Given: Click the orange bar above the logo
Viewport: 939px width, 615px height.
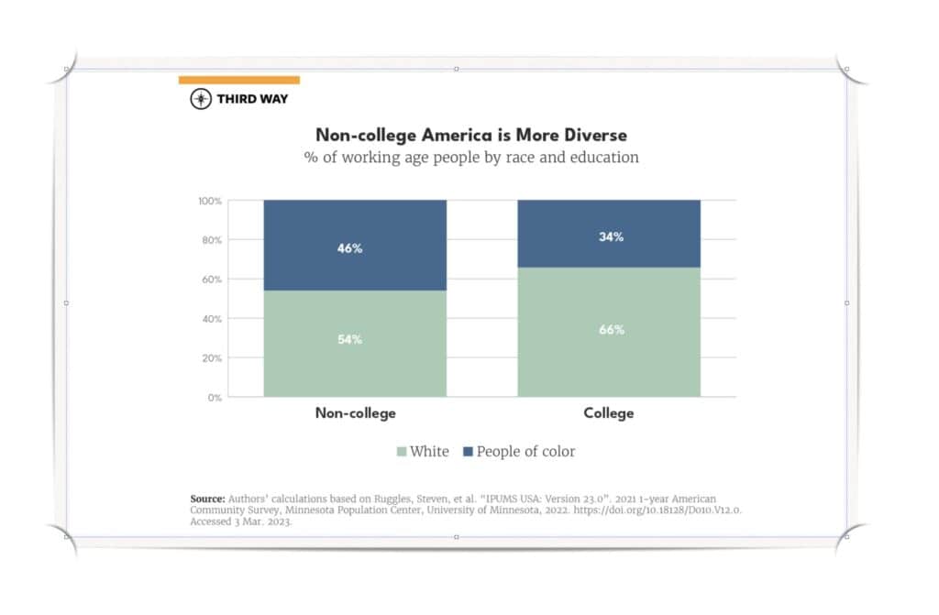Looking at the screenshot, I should [x=238, y=81].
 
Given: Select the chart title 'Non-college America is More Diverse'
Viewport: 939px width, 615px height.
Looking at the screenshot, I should [x=471, y=135].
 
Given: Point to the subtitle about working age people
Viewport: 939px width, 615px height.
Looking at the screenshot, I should [x=471, y=157].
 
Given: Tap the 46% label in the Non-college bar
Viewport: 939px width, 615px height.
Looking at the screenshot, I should [x=350, y=248].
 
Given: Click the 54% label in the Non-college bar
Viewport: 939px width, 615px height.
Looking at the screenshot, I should [x=350, y=339].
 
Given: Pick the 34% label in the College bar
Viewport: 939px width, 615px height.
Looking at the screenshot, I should [x=612, y=236].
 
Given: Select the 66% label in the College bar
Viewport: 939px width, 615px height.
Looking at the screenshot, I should [x=612, y=329].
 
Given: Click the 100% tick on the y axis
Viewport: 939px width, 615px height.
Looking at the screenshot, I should [x=210, y=201].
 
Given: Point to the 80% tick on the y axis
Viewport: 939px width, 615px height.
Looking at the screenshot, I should [x=212, y=240].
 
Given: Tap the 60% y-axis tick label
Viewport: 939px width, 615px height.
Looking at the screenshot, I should [x=212, y=280].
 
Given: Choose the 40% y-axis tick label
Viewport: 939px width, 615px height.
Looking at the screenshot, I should [x=212, y=319].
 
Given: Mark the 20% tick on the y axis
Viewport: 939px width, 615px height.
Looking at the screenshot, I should [x=212, y=358].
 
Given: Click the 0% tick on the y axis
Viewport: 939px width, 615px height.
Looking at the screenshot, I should [x=215, y=398].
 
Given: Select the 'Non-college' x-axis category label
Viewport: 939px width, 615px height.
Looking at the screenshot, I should [x=356, y=413].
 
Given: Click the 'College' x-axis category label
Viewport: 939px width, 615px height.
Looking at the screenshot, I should [x=609, y=413].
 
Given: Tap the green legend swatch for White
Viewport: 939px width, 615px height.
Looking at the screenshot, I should [x=401, y=452].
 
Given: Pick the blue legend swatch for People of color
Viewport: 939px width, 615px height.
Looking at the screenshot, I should [x=468, y=452].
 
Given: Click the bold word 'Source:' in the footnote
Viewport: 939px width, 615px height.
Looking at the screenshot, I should [x=207, y=499].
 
